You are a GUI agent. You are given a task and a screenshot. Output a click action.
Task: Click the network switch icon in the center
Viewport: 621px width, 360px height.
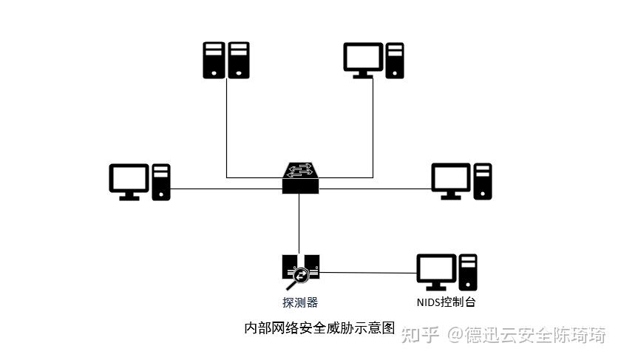pos(299,178)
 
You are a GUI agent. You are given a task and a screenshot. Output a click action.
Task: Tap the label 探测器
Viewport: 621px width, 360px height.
pos(300,302)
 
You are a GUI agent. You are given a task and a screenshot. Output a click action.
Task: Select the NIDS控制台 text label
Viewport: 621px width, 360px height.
pos(446,302)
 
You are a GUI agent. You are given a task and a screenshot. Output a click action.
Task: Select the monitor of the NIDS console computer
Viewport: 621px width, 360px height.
pos(435,271)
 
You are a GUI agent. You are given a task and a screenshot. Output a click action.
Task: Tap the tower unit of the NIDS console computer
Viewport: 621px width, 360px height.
pos(468,272)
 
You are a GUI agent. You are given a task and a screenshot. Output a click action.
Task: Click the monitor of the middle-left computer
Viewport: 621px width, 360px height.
pos(129,180)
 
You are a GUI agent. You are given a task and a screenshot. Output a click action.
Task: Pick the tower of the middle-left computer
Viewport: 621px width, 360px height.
pos(161,182)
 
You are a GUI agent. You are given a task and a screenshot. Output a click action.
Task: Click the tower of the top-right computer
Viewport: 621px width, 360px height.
pos(395,61)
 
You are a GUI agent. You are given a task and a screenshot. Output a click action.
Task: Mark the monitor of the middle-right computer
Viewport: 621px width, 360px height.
pos(451,180)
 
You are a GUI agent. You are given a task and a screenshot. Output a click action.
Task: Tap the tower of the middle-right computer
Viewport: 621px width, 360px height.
pos(483,181)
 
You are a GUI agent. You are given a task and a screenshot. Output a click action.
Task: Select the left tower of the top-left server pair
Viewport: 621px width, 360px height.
pos(214,60)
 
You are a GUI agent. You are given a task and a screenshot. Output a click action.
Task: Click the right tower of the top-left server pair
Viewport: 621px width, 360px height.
pos(238,60)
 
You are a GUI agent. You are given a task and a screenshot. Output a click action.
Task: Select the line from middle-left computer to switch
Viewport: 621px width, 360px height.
pos(225,189)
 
